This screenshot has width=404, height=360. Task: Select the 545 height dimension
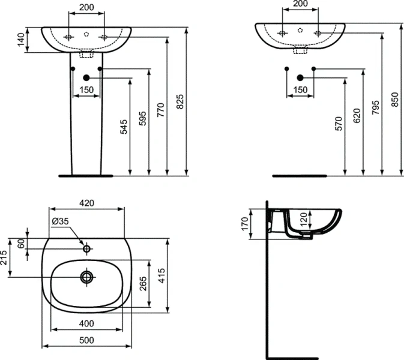click(x=124, y=127)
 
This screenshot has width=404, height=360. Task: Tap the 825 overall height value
click(x=179, y=102)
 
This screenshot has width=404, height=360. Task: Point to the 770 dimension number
click(x=160, y=110)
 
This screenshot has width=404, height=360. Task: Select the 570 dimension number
click(x=338, y=124)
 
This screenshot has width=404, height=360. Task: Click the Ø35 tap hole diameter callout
click(x=60, y=221)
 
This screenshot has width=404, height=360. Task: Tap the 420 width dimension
click(x=86, y=203)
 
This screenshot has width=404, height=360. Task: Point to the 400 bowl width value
click(x=86, y=324)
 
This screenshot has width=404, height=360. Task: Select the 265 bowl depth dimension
click(x=142, y=284)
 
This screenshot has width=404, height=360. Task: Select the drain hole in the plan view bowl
click(x=86, y=277)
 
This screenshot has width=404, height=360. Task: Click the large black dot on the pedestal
click(x=86, y=77)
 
